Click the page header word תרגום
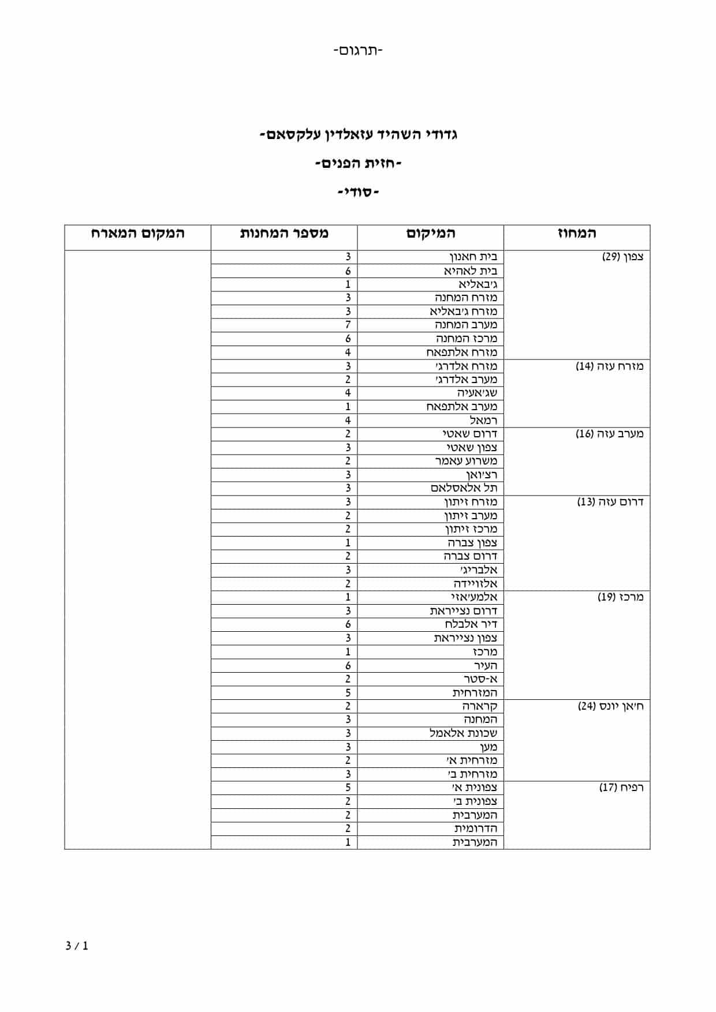[x=358, y=51]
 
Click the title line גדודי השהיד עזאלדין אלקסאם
[x=358, y=136]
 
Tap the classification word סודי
[x=358, y=192]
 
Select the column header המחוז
[x=576, y=234]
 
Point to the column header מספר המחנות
[x=284, y=234]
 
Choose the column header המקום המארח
[x=137, y=234]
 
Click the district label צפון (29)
[x=622, y=257]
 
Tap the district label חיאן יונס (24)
[x=610, y=706]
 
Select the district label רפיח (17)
[x=621, y=788]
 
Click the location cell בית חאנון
[x=473, y=257]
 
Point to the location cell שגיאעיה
[x=477, y=393]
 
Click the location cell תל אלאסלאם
[x=464, y=488]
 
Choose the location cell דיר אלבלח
[x=471, y=624]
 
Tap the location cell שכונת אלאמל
[x=463, y=733]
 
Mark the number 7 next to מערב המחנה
[x=348, y=325]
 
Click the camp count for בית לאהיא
[x=348, y=271]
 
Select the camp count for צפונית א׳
[x=348, y=788]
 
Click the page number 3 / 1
[x=77, y=946]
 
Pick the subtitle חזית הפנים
[x=358, y=164]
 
